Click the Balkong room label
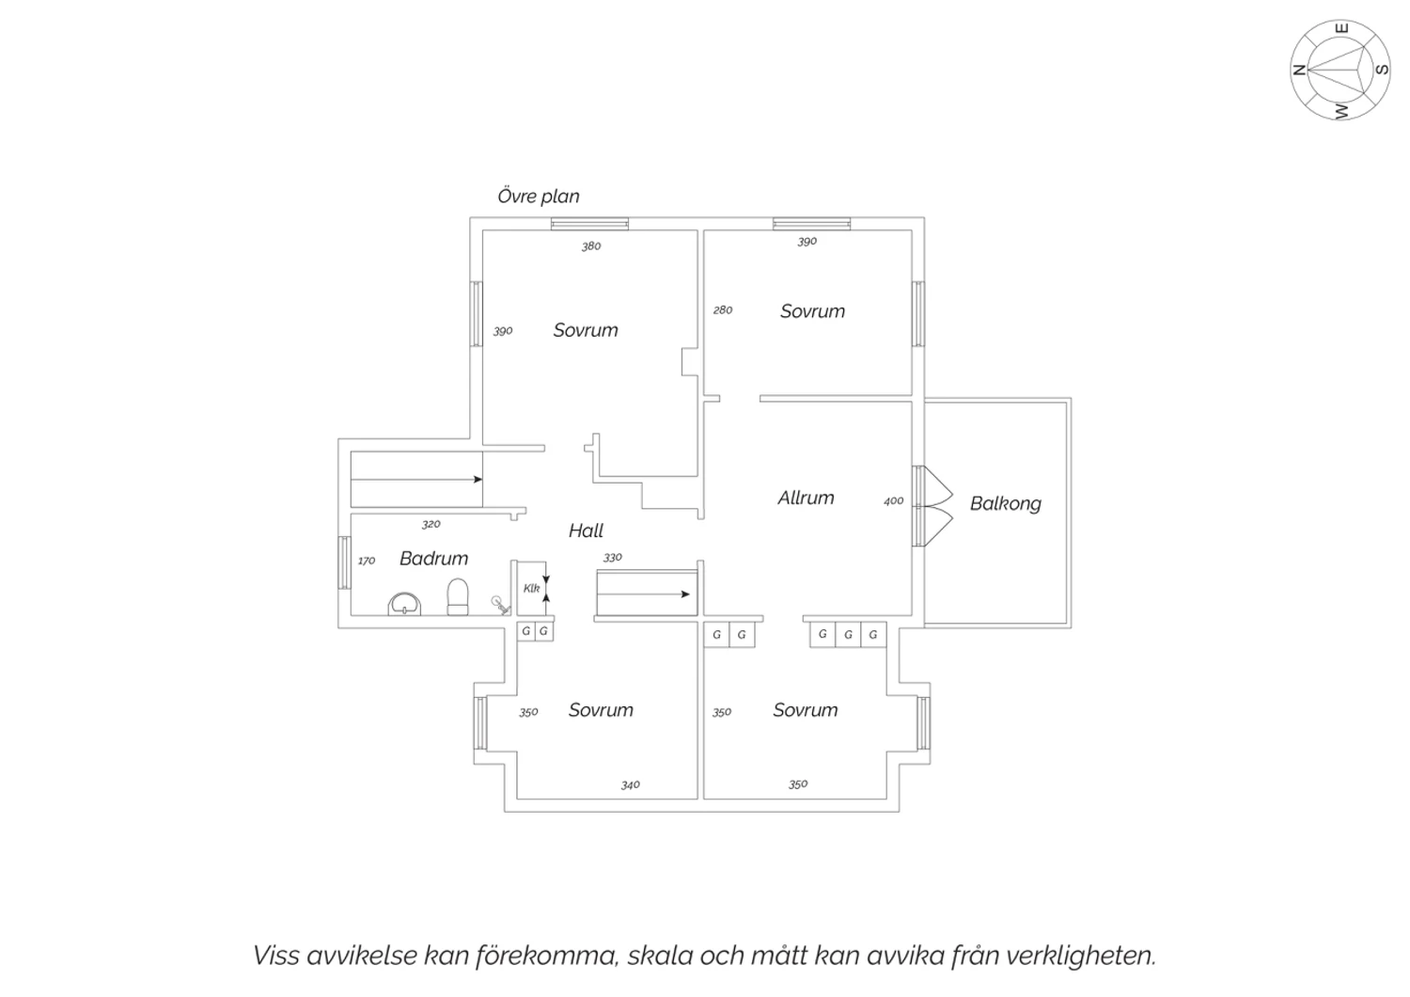[x=1005, y=504]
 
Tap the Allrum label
[x=806, y=498]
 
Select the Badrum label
[x=433, y=558]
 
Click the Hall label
[x=586, y=530]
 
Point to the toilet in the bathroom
[x=458, y=596]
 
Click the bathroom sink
[x=404, y=603]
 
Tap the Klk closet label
[x=531, y=588]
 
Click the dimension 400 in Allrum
[x=893, y=501]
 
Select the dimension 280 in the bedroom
[x=723, y=309]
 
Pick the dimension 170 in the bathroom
[x=367, y=561]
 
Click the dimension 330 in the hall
[x=613, y=558]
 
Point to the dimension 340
[x=630, y=784]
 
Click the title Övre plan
[x=539, y=196]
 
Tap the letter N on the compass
[x=1298, y=71]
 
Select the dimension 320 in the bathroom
[x=431, y=524]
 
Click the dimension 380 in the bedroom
[x=591, y=246]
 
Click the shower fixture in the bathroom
[x=500, y=605]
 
